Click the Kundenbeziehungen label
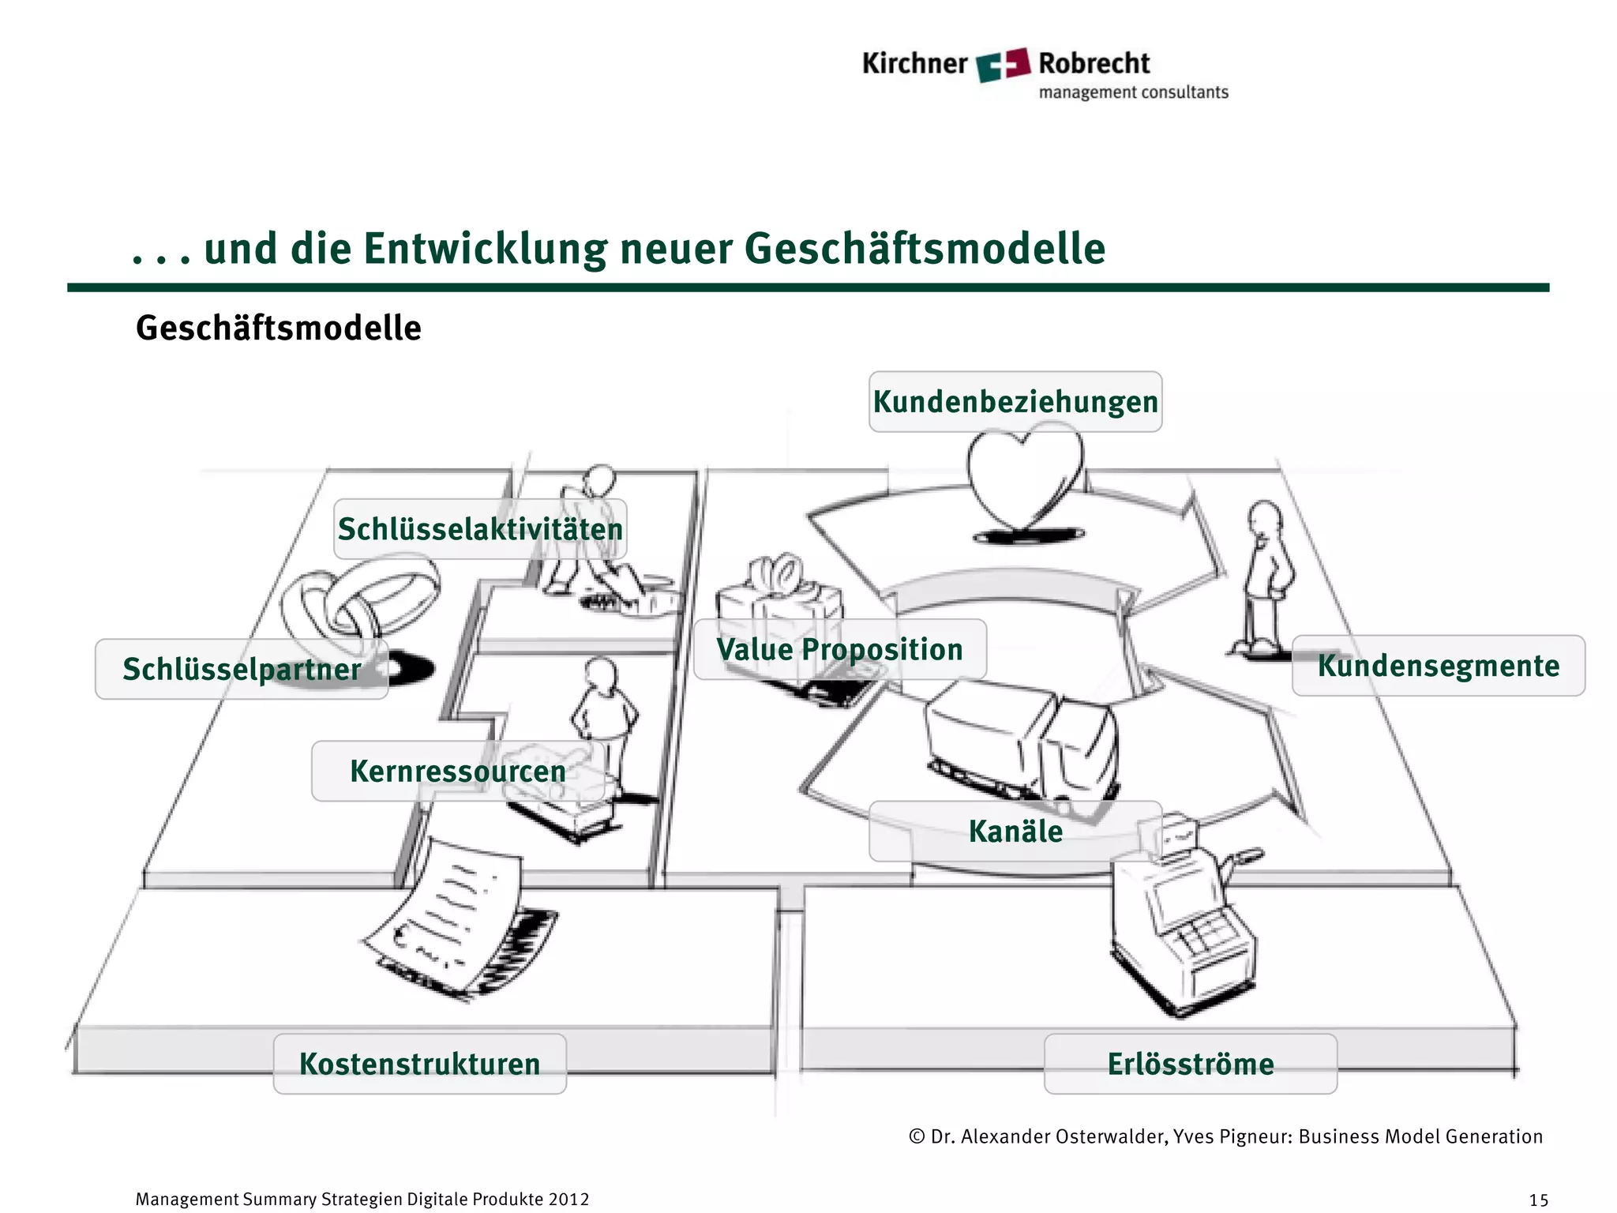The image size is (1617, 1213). pyautogui.click(x=1015, y=402)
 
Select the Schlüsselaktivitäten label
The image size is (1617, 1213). pyautogui.click(x=480, y=529)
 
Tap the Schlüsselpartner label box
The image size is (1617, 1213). pyautogui.click(x=242, y=670)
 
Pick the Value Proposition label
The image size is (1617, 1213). pyautogui.click(x=839, y=650)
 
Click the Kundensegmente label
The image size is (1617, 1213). pyautogui.click(x=1438, y=666)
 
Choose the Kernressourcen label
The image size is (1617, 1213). pyautogui.click(x=458, y=772)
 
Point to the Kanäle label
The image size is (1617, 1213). pyautogui.click(x=1015, y=832)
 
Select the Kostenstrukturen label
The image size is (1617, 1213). pyautogui.click(x=419, y=1064)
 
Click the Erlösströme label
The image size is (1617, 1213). pyautogui.click(x=1190, y=1064)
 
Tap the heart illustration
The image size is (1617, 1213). pyautogui.click(x=1023, y=482)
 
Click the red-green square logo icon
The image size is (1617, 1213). pyautogui.click(x=1003, y=64)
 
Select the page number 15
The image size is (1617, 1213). pyautogui.click(x=1538, y=1200)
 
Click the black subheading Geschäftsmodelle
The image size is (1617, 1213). pyautogui.click(x=278, y=329)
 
